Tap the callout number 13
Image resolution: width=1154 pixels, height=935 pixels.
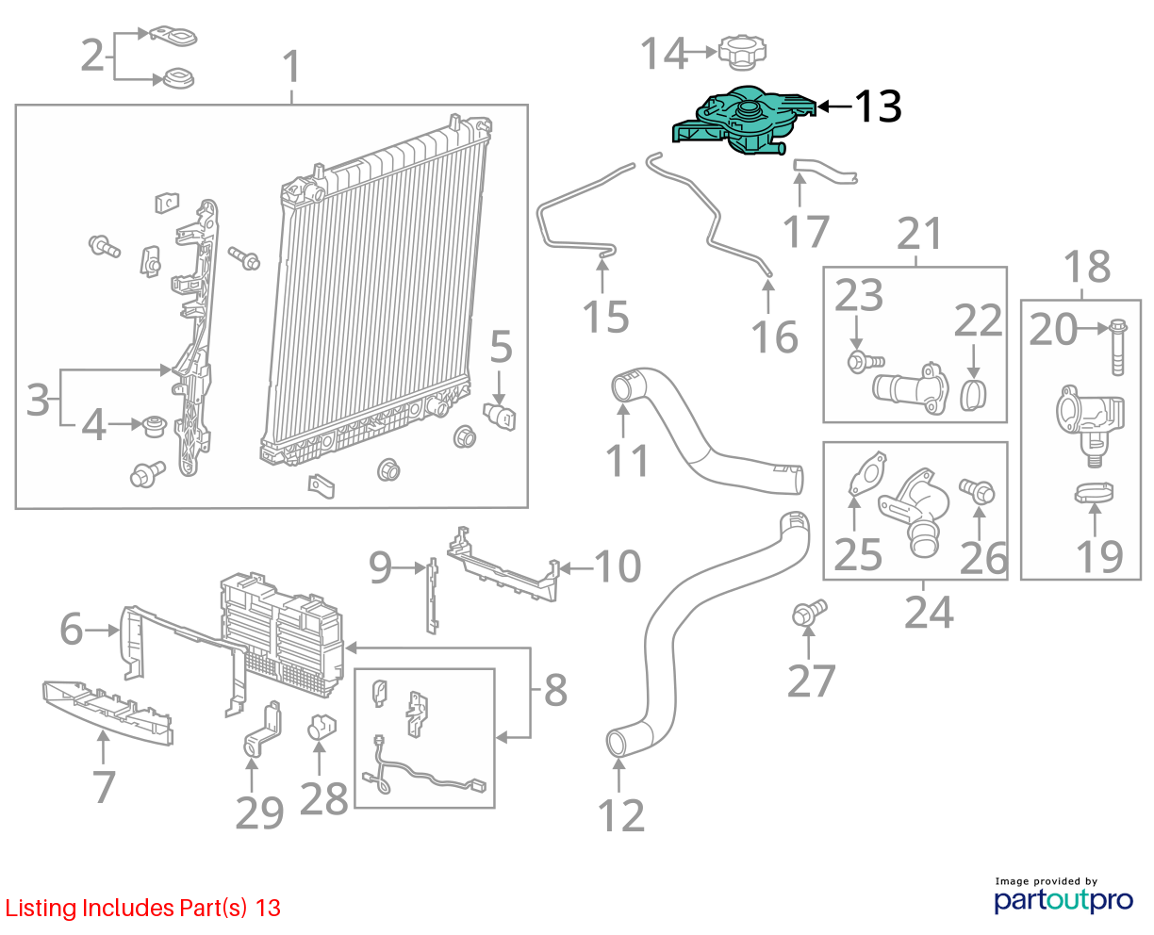879,107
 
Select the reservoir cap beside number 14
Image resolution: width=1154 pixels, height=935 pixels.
742,52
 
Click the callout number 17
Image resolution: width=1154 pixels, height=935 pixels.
806,231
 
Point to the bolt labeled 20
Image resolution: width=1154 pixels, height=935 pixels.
1117,347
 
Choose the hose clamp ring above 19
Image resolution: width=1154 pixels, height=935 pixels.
1094,492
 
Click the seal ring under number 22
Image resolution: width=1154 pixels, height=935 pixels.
973,396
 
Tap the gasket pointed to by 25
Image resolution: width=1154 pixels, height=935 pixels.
867,472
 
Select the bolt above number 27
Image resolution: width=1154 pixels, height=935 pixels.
810,612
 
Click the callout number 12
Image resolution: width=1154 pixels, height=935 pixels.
621,816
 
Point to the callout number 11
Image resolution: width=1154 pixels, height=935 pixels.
627,461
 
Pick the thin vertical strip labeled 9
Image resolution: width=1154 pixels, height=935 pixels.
433,595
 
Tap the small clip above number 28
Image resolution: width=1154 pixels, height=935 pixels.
321,727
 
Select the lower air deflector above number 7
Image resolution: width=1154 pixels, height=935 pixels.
107,712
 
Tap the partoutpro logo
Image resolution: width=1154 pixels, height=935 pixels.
1063,894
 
